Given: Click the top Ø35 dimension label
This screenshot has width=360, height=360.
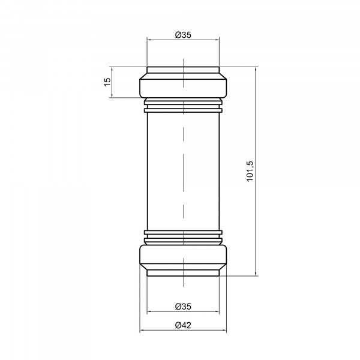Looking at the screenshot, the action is (x=183, y=35).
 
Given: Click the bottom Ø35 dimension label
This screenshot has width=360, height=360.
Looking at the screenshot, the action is (x=183, y=306).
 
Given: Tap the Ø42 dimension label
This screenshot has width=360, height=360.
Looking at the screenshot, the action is (x=183, y=325).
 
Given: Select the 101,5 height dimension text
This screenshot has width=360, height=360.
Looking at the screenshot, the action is (x=250, y=171).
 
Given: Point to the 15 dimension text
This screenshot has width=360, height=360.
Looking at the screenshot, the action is (x=107, y=82).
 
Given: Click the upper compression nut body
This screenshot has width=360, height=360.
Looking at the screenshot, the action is (x=183, y=88).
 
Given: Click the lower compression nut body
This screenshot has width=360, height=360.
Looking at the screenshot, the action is (x=183, y=254).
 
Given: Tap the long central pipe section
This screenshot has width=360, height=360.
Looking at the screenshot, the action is (x=183, y=171).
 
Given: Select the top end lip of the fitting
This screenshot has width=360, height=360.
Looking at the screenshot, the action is (x=183, y=70).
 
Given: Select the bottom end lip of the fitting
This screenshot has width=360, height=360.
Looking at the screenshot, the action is (x=183, y=273).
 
